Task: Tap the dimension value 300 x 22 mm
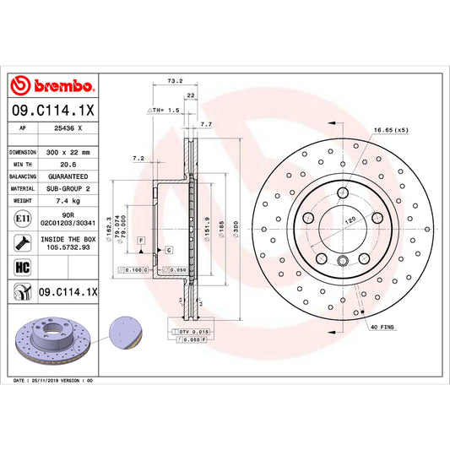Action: coord(68,152)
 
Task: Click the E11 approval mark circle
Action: coord(19,220)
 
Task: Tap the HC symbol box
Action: coord(19,267)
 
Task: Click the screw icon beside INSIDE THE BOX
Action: coord(19,243)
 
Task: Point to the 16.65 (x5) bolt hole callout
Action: coord(391,130)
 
